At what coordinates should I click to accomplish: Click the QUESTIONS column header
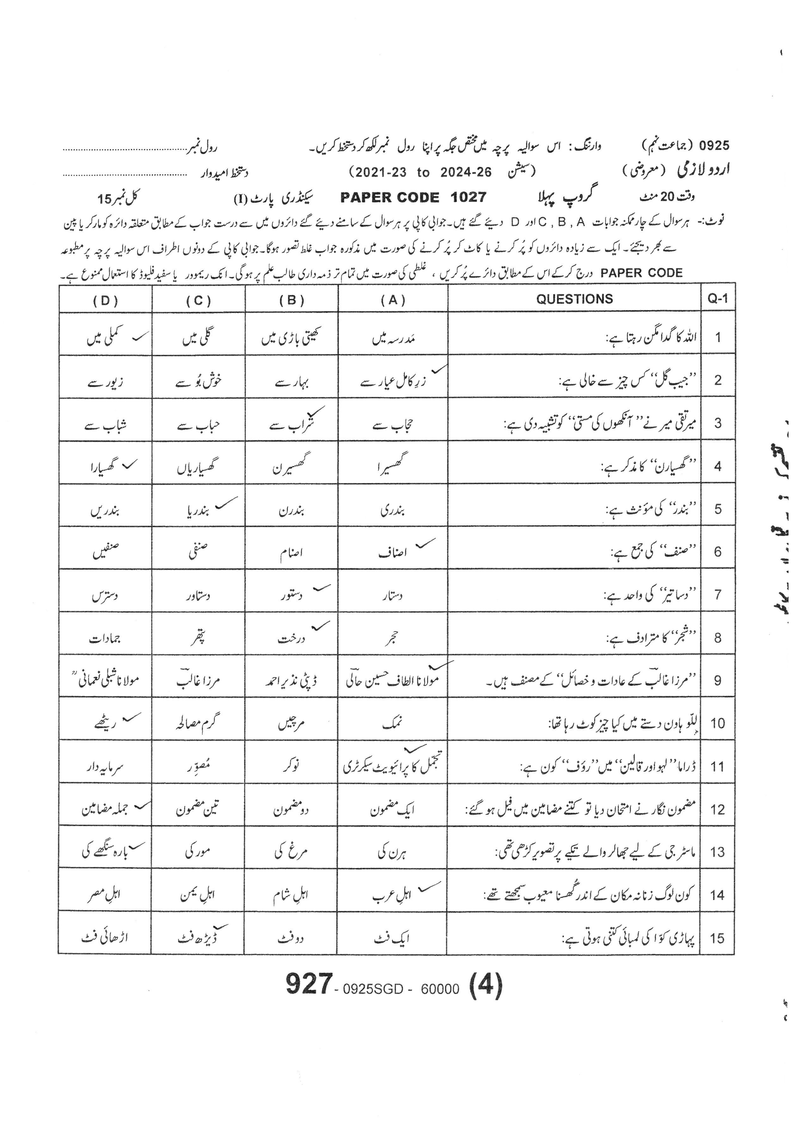(574, 299)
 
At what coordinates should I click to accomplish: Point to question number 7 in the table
(718, 595)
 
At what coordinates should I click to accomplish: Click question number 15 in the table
(717, 938)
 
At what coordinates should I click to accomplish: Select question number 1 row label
(718, 337)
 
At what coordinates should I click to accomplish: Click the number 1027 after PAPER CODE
(469, 197)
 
